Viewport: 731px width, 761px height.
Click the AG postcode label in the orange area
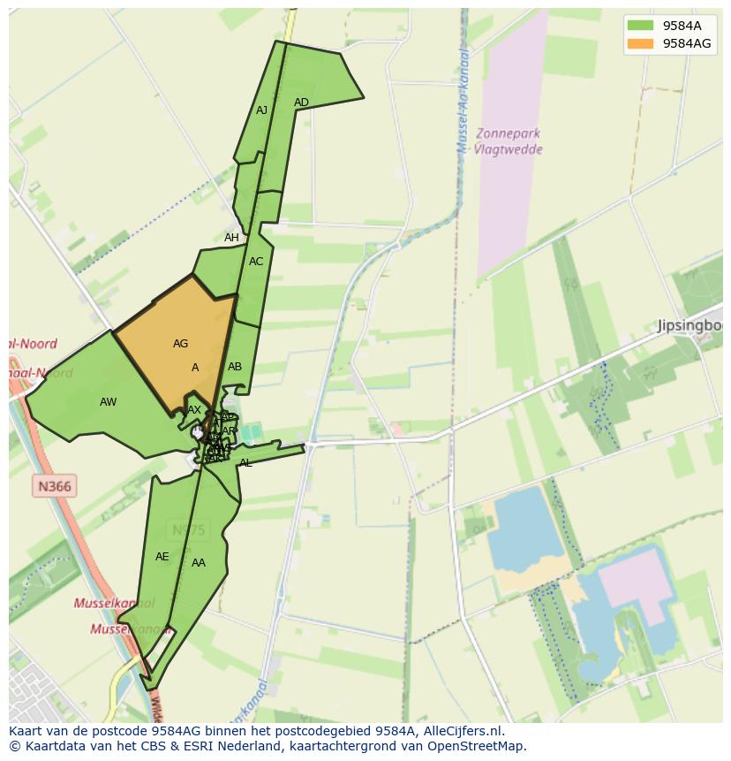(x=180, y=344)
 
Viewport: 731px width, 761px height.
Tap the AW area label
(x=108, y=402)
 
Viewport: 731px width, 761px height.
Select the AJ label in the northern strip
(x=261, y=110)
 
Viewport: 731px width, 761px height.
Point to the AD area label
(x=301, y=103)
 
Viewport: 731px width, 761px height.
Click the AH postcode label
(x=231, y=238)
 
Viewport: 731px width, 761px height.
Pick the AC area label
(x=256, y=262)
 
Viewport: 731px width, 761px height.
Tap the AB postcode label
(x=235, y=367)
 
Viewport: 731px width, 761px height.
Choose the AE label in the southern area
(x=162, y=557)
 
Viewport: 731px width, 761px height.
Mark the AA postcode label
(x=199, y=563)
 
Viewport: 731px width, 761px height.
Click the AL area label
(x=245, y=463)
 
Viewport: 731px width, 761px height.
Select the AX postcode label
(x=194, y=410)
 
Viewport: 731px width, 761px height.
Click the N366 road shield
(x=55, y=485)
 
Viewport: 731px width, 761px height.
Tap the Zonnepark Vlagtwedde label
(x=507, y=141)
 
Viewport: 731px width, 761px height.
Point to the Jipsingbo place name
(x=690, y=326)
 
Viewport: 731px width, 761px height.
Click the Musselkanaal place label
(x=114, y=603)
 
